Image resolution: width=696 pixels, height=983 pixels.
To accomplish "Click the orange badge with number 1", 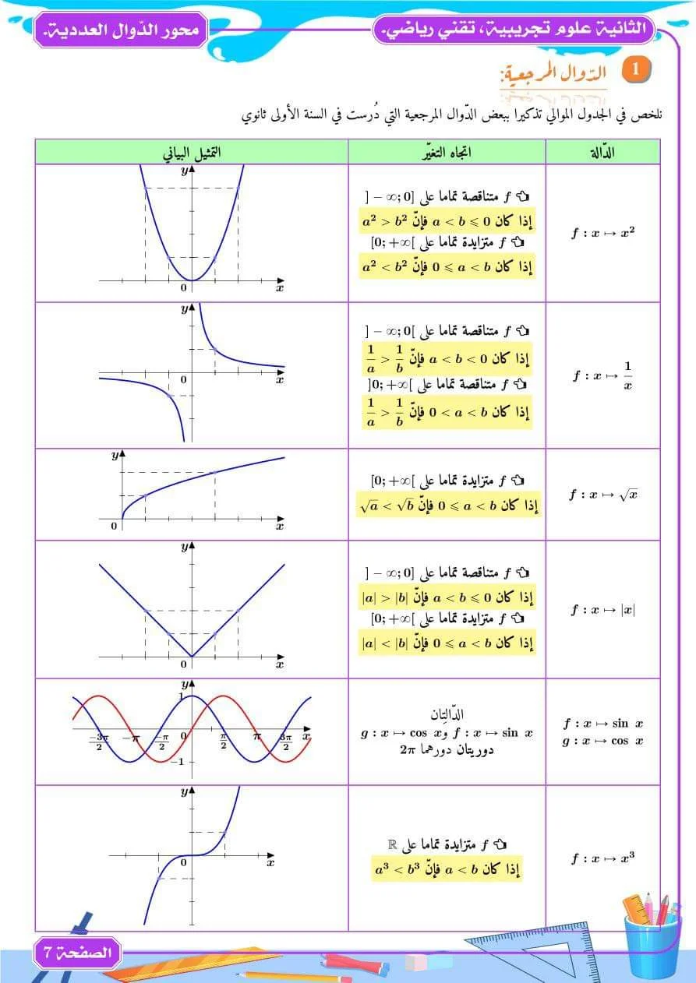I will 635,69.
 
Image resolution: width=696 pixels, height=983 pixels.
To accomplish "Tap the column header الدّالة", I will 602,153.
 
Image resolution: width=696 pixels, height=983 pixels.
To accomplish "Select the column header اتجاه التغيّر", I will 447,153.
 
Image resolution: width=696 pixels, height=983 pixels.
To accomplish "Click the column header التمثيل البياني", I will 192,153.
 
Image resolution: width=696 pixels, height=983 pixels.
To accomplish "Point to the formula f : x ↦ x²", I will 602,233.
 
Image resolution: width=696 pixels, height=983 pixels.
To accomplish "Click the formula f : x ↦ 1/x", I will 602,375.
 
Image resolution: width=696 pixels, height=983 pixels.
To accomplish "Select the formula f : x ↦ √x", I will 602,495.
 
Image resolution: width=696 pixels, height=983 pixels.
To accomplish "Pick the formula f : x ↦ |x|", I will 602,610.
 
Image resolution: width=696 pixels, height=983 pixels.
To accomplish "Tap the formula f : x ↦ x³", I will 602,858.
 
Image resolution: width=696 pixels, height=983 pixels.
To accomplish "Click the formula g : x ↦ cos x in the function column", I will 602,741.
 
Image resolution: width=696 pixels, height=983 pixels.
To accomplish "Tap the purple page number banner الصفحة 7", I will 77,952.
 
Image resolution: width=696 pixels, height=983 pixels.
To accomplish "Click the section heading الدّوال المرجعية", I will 555,76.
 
